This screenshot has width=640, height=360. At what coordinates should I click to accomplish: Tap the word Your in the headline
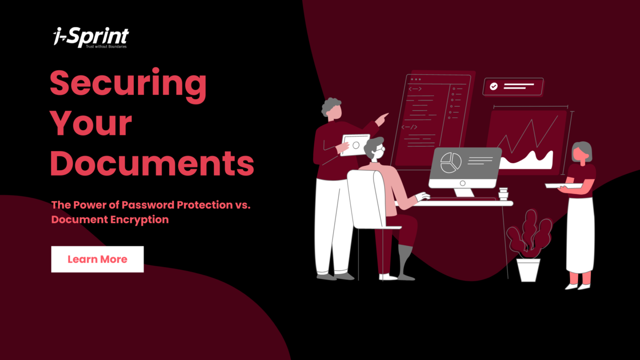click(91, 124)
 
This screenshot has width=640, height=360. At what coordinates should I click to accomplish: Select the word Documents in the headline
click(152, 163)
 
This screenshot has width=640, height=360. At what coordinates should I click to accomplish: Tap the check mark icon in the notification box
click(494, 86)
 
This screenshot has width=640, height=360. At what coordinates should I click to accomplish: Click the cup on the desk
click(502, 194)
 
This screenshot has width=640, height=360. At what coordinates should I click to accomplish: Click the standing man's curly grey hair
click(331, 106)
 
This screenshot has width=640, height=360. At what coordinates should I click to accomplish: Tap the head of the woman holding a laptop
click(581, 152)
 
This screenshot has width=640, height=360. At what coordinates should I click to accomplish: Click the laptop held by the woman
click(563, 185)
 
